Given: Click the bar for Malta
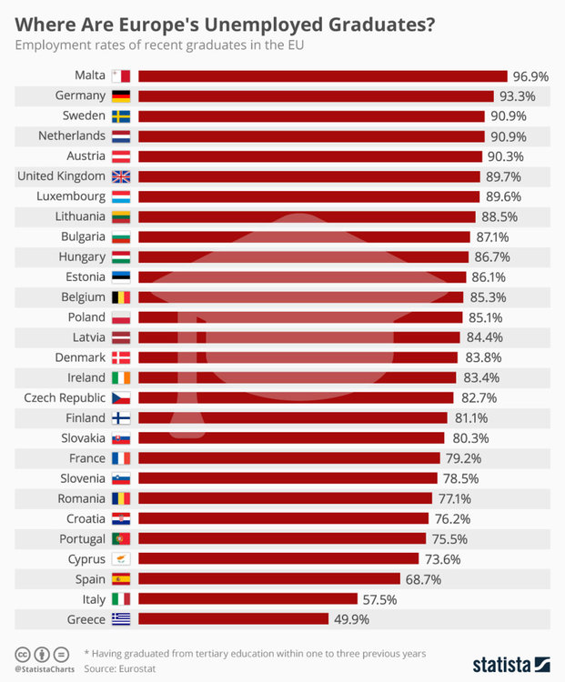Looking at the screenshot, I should (x=322, y=76).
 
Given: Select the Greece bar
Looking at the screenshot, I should (x=233, y=618).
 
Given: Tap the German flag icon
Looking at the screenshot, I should (x=121, y=96).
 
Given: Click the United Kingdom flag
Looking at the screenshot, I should (x=121, y=176).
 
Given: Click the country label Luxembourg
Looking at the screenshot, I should (x=71, y=196).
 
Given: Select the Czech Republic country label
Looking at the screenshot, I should (x=66, y=397).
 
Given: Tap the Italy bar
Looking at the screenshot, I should (x=247, y=598).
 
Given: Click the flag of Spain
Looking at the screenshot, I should (x=121, y=578).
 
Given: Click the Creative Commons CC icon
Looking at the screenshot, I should (x=21, y=654).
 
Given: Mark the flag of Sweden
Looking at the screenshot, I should (x=121, y=116).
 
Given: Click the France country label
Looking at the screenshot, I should (x=87, y=457).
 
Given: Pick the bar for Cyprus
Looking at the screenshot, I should (x=278, y=558).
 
